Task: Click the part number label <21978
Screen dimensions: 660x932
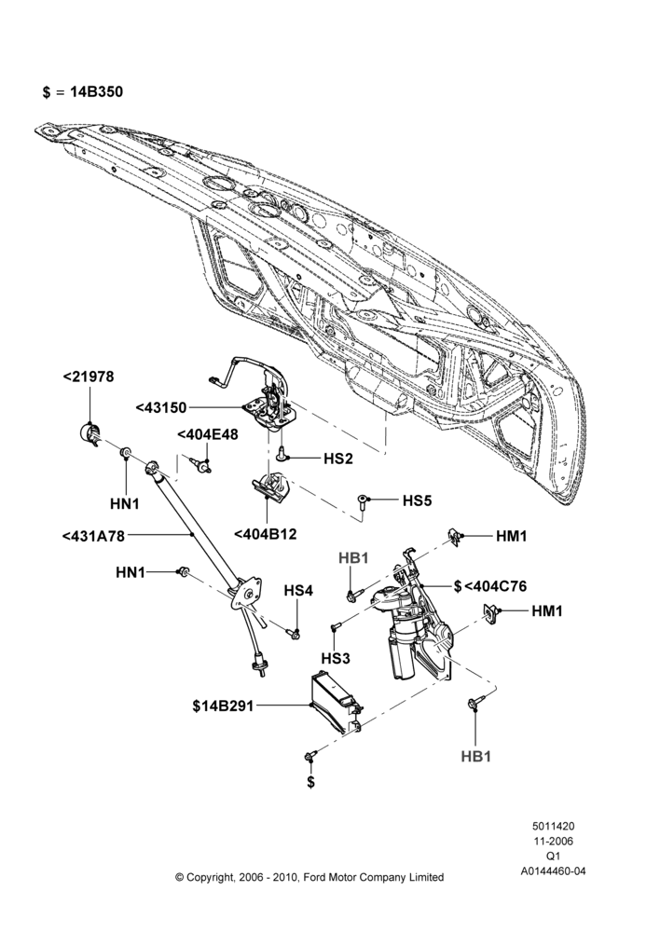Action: [x=89, y=377]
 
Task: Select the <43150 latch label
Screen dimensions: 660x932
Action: [x=161, y=408]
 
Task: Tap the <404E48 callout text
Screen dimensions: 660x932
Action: [x=208, y=434]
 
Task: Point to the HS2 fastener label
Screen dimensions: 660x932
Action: [x=338, y=459]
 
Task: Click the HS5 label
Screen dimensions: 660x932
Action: [x=417, y=500]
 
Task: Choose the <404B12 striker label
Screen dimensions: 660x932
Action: [x=265, y=534]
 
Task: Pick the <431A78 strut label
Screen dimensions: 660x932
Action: [x=93, y=536]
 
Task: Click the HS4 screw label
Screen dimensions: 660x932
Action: [x=298, y=591]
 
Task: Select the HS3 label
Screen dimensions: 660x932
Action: [x=336, y=659]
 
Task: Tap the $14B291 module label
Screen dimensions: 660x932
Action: [x=223, y=706]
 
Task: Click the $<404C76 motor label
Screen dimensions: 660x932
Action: [x=490, y=586]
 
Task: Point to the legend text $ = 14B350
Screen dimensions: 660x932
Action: [x=83, y=92]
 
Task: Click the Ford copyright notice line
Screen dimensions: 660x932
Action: [x=309, y=877]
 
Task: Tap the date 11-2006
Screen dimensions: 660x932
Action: [x=553, y=841]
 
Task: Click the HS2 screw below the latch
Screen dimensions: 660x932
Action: [x=282, y=454]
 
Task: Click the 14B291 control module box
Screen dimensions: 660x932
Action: [x=336, y=703]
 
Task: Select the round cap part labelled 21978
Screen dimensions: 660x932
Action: [x=89, y=432]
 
